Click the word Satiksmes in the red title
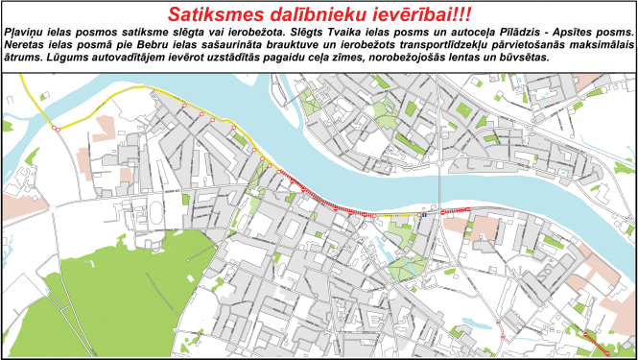212,15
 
